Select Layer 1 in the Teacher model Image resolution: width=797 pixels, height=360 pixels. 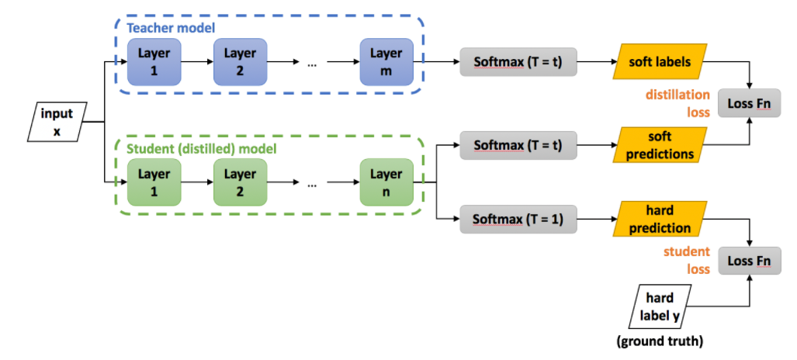[153, 61]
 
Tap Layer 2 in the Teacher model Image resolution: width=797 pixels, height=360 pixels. [240, 61]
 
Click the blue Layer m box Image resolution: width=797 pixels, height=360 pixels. [386, 61]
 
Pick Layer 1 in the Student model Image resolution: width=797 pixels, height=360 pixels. [153, 182]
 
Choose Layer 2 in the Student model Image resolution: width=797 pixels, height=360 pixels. [240, 182]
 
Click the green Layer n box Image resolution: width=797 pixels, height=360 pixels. [386, 182]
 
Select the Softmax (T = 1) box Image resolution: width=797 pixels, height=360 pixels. [518, 220]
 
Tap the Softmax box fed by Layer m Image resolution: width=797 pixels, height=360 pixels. [518, 61]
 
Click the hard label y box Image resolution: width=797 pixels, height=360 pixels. [659, 306]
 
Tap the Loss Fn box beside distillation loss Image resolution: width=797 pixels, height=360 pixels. [749, 102]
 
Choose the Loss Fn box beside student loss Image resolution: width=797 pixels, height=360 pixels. [749, 261]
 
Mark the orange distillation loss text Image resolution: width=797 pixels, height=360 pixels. [677, 102]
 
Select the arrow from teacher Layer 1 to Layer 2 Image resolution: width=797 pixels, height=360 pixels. [197, 61]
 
